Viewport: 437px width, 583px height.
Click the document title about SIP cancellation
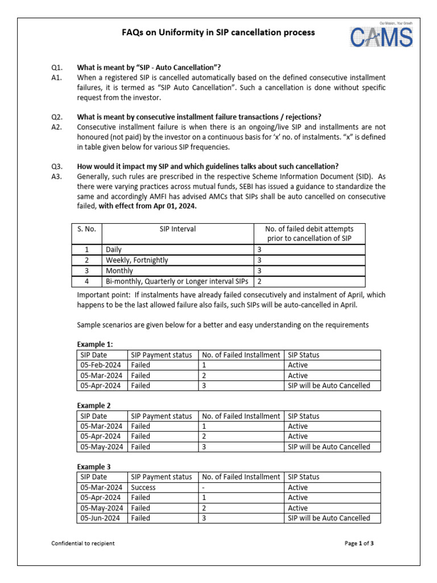coord(218,32)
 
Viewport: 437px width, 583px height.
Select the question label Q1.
coord(56,67)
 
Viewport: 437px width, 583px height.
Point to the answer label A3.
coord(56,176)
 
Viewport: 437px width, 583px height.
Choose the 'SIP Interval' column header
coord(178,229)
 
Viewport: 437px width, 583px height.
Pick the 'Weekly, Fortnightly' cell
coord(137,260)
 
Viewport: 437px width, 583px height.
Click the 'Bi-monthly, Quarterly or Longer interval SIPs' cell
coord(177,281)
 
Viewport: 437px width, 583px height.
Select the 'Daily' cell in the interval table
coord(114,250)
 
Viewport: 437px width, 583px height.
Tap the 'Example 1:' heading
coord(95,344)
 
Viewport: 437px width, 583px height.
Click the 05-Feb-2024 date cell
coord(102,365)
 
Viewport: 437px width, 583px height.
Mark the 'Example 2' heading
coord(94,406)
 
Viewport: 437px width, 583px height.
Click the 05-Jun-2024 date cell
coord(102,518)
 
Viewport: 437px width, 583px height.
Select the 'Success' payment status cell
coord(143,487)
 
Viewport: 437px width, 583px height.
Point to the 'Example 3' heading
coord(94,467)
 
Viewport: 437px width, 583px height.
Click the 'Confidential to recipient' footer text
coord(83,543)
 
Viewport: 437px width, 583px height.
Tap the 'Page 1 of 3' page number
coord(359,543)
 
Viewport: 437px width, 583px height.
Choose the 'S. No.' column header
coord(87,229)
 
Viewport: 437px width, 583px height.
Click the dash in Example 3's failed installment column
coord(204,487)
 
